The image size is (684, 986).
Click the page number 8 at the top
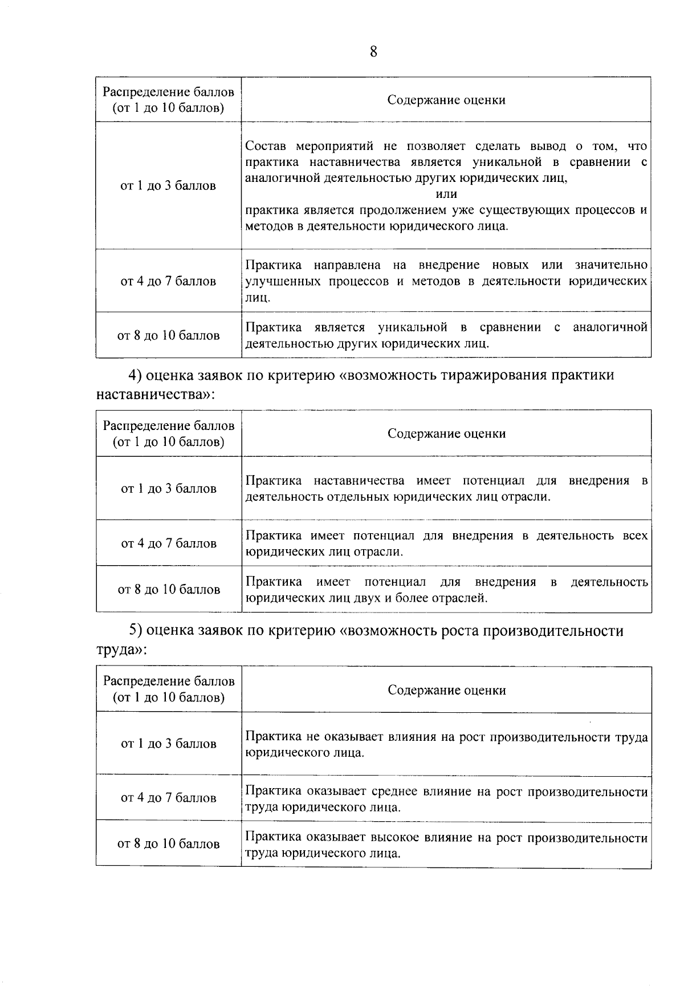point(373,52)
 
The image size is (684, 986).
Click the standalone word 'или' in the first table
point(446,194)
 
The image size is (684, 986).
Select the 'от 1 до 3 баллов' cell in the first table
point(168,186)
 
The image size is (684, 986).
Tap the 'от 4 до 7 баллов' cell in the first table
point(168,281)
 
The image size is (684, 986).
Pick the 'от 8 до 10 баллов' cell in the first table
point(168,335)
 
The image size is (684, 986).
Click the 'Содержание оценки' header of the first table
point(446,100)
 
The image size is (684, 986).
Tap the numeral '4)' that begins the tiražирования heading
point(135,375)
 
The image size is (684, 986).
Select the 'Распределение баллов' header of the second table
point(168,426)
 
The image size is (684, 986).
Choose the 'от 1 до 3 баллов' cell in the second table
point(168,489)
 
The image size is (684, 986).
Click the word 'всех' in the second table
point(636,535)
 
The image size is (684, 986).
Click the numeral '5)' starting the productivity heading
point(135,631)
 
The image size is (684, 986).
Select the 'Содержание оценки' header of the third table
point(446,690)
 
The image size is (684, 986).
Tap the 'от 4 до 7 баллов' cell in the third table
point(168,798)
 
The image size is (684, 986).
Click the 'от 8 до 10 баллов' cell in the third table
point(168,844)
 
